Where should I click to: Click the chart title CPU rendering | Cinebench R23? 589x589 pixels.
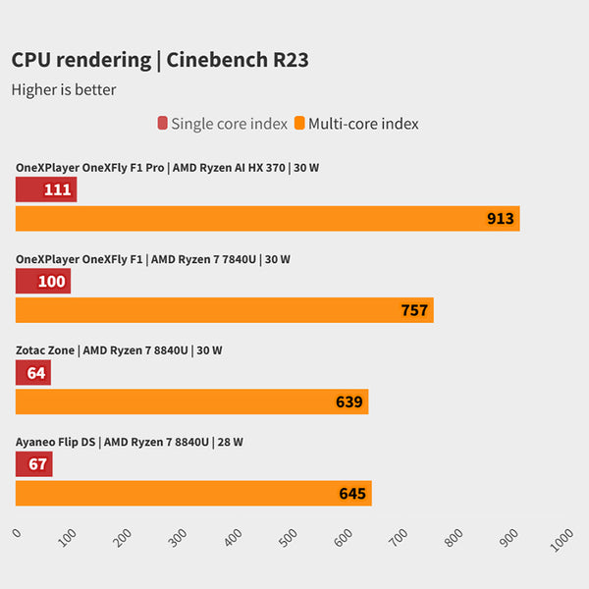[160, 60]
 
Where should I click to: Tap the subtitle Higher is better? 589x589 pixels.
[64, 89]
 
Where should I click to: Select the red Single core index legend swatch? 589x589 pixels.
[162, 124]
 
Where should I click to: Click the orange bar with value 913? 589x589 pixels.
[267, 218]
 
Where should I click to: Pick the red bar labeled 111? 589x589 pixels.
[46, 189]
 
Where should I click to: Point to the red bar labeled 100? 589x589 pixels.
[43, 281]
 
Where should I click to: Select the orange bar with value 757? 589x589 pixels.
[224, 310]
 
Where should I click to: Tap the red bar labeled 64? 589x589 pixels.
[33, 373]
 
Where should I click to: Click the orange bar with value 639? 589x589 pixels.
[191, 402]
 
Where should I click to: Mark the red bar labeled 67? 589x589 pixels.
[34, 464]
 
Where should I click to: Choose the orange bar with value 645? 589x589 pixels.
[193, 493]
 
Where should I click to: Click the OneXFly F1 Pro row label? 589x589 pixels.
[167, 168]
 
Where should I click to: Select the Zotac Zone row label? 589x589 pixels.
[119, 350]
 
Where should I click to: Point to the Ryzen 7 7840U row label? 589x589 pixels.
[153, 259]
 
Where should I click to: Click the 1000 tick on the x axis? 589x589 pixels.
[562, 539]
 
